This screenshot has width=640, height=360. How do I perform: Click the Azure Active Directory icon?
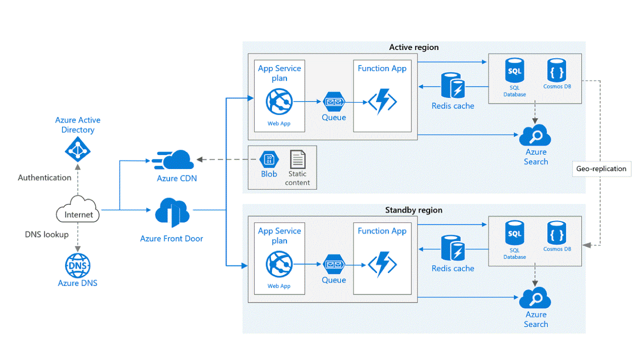point(77,149)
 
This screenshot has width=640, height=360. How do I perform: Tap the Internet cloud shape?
point(78,211)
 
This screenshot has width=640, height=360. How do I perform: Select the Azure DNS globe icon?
point(77,265)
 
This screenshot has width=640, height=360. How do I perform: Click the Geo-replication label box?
point(601,169)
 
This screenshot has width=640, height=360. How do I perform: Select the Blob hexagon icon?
point(268,160)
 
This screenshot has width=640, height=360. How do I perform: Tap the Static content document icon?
point(298,160)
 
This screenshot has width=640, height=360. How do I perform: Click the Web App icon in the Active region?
point(278,102)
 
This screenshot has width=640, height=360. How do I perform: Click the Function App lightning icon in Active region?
point(382,102)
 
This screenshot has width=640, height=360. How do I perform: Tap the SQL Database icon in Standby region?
point(514,234)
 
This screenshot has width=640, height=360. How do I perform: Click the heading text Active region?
point(413,47)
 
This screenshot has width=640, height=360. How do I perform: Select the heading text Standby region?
point(413,210)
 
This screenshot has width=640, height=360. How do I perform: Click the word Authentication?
point(44,177)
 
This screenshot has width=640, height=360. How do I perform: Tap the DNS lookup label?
point(46,234)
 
